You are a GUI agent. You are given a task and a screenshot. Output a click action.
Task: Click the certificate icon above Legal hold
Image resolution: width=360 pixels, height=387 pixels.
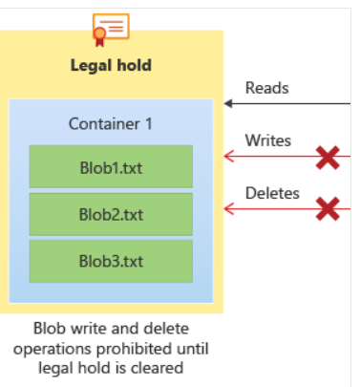(x=111, y=29)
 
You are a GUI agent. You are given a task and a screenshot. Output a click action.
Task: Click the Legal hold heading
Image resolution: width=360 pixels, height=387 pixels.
(x=111, y=66)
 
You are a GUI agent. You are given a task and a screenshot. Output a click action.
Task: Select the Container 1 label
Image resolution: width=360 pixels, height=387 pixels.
(x=111, y=123)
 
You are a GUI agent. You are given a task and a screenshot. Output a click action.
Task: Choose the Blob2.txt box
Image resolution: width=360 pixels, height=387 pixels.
(x=111, y=214)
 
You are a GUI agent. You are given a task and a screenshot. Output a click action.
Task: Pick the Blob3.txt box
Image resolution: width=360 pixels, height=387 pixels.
(x=111, y=261)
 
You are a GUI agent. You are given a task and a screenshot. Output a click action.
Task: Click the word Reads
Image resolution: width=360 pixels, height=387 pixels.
(x=266, y=88)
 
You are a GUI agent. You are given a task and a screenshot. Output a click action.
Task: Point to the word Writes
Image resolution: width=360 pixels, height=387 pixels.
(x=268, y=140)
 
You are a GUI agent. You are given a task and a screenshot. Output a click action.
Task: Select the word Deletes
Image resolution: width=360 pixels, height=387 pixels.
(x=272, y=193)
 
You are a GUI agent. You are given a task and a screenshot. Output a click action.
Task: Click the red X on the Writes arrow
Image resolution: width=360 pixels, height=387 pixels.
(x=328, y=157)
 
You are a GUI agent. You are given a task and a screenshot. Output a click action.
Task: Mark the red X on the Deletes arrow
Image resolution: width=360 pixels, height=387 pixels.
(x=328, y=207)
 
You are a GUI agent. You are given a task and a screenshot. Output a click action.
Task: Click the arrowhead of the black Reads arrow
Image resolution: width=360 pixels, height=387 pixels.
(x=229, y=103)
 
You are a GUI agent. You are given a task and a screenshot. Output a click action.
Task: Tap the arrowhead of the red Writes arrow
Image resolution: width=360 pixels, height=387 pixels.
(x=229, y=156)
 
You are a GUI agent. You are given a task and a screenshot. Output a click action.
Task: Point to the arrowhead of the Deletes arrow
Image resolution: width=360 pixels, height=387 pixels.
(x=229, y=207)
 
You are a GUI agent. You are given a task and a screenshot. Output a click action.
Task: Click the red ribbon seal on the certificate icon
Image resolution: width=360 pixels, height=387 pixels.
(x=98, y=36)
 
